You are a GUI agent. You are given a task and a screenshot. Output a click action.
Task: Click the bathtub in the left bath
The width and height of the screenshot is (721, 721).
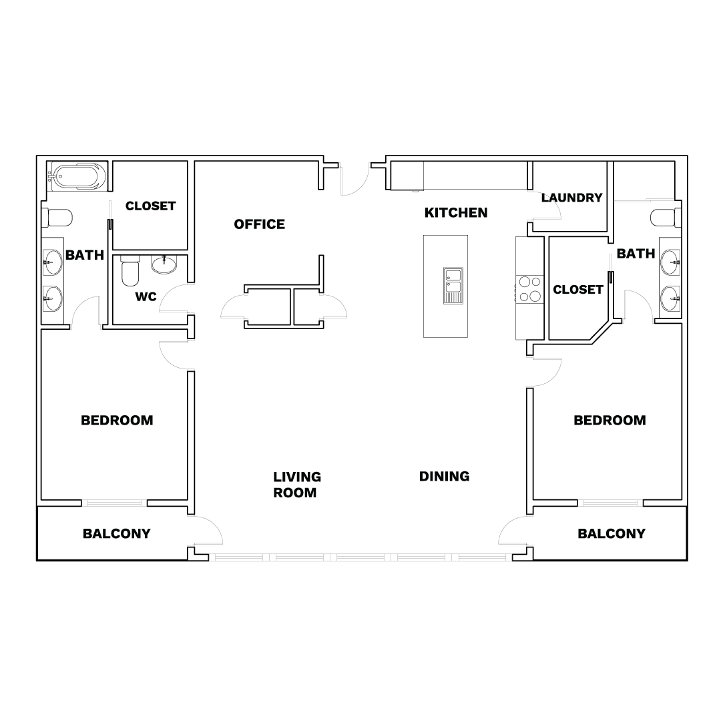point(77,176)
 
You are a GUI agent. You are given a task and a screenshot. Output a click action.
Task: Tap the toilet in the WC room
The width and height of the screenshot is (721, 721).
point(130,271)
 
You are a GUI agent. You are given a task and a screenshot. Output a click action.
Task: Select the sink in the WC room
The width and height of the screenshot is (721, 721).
point(164,265)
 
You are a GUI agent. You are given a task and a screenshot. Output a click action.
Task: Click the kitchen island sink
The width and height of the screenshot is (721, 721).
point(453,286)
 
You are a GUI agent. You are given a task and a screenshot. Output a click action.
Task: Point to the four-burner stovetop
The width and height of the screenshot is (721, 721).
point(529,289)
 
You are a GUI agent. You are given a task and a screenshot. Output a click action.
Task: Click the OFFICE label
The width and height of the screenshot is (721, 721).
point(259,224)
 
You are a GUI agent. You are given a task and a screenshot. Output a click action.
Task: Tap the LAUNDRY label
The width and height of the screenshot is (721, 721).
point(571,198)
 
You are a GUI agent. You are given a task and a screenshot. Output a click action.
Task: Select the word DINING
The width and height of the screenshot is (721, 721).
point(444,477)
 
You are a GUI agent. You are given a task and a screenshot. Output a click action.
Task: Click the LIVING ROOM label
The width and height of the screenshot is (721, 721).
point(297,485)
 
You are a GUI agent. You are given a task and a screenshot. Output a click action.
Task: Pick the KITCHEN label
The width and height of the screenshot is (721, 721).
point(456,213)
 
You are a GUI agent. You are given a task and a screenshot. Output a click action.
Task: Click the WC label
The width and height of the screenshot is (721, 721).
point(146,297)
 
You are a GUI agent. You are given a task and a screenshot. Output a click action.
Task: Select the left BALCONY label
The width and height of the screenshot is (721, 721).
point(117,533)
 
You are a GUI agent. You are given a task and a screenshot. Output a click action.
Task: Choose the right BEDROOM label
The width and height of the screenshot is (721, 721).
point(610,421)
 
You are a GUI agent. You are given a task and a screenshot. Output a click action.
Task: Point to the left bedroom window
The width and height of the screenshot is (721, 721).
point(115,503)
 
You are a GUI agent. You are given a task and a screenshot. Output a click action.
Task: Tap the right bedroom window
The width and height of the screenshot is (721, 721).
point(611,503)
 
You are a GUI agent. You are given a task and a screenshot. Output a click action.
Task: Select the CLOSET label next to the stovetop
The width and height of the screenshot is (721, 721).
point(578,290)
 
